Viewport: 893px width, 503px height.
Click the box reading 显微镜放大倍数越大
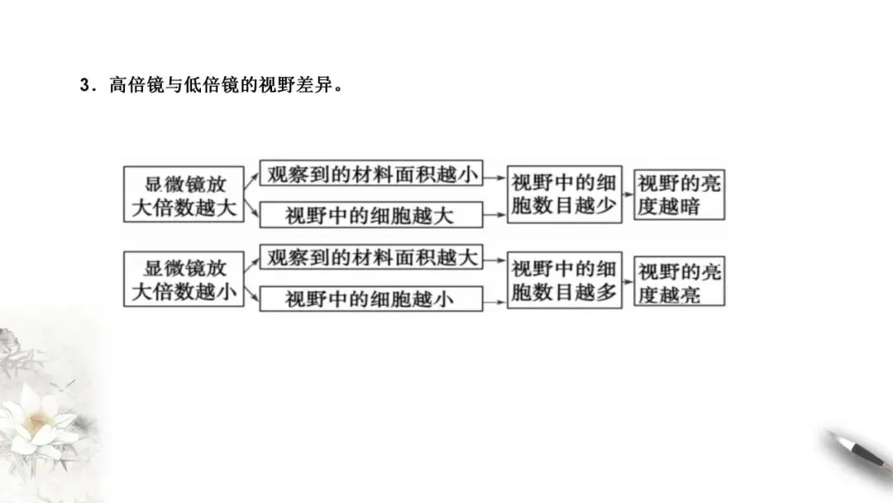point(184,194)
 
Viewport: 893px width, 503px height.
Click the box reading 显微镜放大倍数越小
point(184,280)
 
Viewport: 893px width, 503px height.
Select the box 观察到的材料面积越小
point(370,174)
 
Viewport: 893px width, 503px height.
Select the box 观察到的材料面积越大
point(370,257)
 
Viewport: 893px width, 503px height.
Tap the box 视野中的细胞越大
point(370,215)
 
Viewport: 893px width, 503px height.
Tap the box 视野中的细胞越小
point(370,299)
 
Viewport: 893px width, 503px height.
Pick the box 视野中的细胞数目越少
point(564,195)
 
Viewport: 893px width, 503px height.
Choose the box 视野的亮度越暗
point(679,195)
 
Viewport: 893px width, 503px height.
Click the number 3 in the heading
point(84,86)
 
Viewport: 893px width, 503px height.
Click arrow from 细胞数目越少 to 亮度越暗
point(628,195)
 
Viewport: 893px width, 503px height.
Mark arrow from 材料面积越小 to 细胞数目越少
point(494,175)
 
